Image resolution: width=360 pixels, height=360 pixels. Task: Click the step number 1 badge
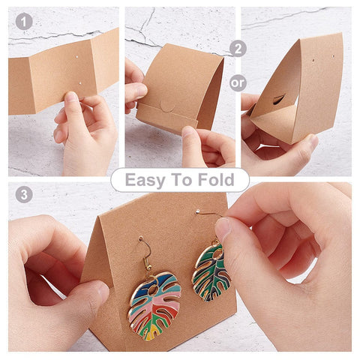24,22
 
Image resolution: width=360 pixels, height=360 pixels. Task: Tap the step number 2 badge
238,49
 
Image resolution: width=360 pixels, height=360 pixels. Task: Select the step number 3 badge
24,194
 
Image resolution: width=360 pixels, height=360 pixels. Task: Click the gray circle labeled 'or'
238,82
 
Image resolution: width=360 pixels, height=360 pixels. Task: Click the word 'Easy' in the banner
145,180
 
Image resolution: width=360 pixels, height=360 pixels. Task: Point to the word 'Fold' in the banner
216,179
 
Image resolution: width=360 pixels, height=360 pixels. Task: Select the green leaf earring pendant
211,272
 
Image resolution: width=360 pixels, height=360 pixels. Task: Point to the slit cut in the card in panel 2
279,99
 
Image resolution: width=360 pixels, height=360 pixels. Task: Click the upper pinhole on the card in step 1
77,57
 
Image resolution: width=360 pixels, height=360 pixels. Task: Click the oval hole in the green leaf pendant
217,254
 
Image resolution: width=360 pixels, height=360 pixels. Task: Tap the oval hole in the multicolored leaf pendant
151,291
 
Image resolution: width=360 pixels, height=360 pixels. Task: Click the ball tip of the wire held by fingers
198,211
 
